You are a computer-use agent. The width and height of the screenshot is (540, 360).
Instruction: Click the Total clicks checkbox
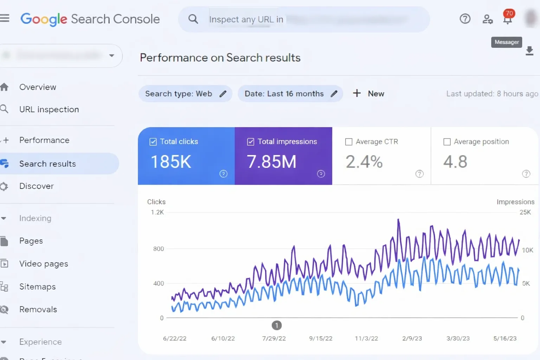153,142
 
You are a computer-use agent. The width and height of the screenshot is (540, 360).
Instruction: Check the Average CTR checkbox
349,142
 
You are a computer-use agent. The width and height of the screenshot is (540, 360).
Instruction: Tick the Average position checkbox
447,142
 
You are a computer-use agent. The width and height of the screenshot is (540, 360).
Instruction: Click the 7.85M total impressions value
271,162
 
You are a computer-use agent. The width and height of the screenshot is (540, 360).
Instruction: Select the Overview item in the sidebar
38,87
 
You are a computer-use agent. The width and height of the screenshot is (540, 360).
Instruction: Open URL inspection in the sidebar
49,110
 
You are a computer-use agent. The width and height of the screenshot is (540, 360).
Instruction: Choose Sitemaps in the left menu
37,287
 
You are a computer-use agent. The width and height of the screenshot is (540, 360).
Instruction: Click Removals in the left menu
38,310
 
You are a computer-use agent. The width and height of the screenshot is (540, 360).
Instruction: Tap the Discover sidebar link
37,186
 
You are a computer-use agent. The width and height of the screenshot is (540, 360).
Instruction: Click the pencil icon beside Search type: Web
223,94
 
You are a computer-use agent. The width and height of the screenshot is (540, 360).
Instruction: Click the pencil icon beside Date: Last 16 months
334,94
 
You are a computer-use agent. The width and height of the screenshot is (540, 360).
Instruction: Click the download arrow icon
529,51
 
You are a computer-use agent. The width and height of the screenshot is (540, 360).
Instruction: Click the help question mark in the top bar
465,19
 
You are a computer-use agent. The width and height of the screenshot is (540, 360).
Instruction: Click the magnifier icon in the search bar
193,19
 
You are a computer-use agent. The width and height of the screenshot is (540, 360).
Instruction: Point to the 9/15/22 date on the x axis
321,339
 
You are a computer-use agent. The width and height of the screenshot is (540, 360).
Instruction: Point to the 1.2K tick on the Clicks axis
157,212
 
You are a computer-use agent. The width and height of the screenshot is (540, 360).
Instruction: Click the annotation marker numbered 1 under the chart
277,326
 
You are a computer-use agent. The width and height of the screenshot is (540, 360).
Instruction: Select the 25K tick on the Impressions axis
525,212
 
